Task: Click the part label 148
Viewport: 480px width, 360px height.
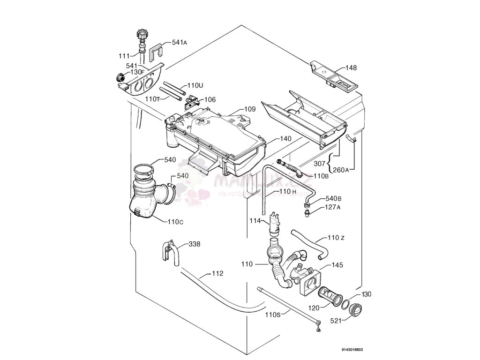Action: (x=351, y=68)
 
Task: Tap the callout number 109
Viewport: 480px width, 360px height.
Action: (x=250, y=109)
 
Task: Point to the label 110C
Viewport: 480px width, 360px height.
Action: (x=175, y=222)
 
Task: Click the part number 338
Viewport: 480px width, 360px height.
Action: (x=194, y=244)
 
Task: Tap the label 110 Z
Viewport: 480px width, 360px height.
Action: (x=336, y=238)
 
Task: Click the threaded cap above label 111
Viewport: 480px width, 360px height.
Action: (x=142, y=35)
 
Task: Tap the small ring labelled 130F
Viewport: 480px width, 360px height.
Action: (x=120, y=77)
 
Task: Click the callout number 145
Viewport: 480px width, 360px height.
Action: (x=337, y=265)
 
